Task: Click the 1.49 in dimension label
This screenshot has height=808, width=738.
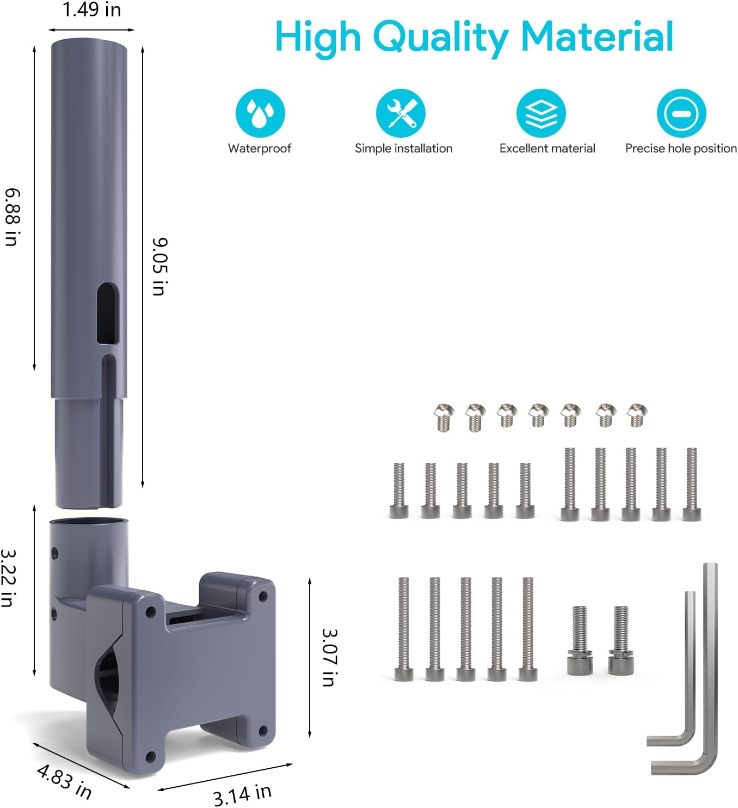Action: coord(92,9)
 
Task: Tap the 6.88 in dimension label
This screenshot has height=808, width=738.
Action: coord(12,217)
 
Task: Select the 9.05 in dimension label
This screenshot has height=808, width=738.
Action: coord(160,266)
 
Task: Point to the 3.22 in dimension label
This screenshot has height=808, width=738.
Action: coord(9,578)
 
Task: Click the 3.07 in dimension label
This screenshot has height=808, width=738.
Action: coord(330,657)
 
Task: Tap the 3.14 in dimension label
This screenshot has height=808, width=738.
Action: coord(242,794)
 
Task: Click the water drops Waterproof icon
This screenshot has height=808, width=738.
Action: coord(260,113)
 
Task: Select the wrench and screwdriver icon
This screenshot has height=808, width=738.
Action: coord(401,113)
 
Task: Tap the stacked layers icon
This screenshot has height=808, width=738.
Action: coord(541,113)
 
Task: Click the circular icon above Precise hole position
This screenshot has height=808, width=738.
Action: coord(681,113)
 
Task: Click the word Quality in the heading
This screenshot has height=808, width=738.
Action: coord(440,38)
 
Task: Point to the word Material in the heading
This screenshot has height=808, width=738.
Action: coord(597,36)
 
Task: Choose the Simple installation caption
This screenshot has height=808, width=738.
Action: coord(403,148)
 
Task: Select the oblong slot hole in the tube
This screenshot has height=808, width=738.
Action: coord(108,314)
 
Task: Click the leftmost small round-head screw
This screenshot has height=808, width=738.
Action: coord(444,418)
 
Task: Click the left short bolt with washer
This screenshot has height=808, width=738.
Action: coord(579,640)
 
